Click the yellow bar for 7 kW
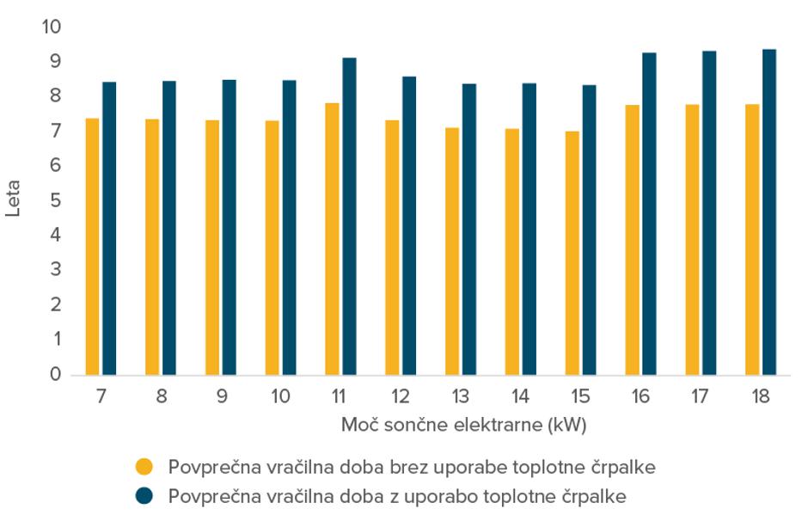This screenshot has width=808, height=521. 93,247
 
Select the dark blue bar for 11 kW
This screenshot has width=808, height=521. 349,217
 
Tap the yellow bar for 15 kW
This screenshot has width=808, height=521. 572,253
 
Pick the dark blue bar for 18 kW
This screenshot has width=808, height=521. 769,212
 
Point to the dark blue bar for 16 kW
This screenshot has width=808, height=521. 649,214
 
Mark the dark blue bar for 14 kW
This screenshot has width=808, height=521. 529,230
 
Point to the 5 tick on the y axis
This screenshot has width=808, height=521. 56,200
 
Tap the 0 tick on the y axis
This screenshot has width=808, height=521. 56,375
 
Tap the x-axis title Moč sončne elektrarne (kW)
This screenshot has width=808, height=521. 463,426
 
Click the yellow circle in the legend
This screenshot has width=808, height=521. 144,468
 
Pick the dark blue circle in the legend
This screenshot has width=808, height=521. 144,496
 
